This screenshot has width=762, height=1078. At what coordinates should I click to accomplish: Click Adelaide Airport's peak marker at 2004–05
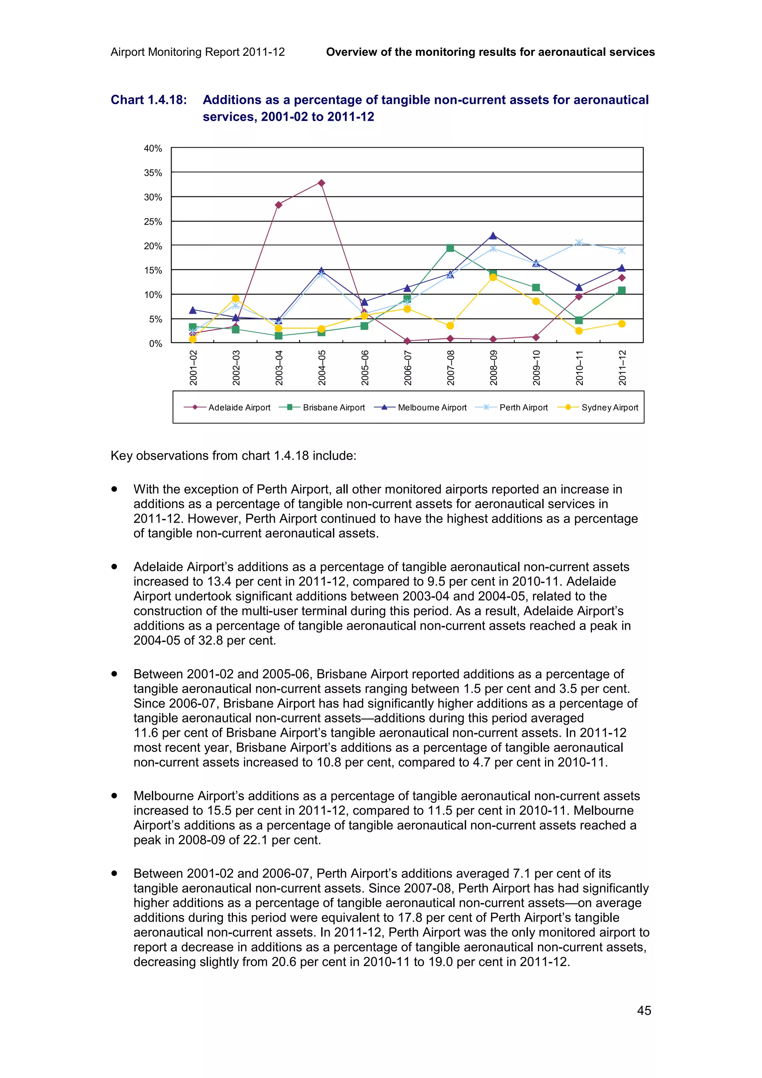click(321, 183)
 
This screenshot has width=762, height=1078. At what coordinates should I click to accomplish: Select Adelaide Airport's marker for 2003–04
click(278, 205)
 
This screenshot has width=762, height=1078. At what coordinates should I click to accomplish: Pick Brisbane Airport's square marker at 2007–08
click(450, 248)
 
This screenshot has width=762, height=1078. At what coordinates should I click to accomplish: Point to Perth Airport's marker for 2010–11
click(579, 243)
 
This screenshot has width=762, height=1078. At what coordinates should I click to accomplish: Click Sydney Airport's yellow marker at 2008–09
click(493, 277)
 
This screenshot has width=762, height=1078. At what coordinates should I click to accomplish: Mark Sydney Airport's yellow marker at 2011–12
click(622, 324)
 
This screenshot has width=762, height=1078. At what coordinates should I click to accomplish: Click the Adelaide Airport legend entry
click(239, 408)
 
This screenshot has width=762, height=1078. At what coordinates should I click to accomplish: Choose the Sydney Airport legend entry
click(609, 408)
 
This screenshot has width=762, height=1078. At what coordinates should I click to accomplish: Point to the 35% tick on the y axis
click(153, 173)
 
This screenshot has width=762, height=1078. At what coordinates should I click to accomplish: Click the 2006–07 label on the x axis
click(407, 368)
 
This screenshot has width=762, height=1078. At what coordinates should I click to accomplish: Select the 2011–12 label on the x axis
click(622, 368)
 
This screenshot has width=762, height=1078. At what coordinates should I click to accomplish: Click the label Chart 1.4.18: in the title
click(148, 100)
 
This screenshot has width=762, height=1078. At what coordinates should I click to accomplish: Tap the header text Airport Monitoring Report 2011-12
click(198, 52)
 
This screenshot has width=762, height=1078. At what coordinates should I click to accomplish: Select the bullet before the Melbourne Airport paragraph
click(114, 796)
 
